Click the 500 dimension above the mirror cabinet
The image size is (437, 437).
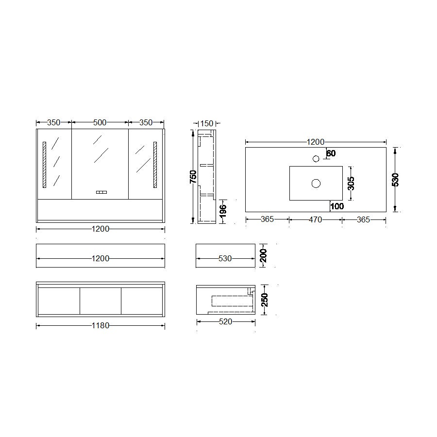(100, 123)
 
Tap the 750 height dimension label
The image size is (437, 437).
(193, 177)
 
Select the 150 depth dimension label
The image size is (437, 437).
(207, 123)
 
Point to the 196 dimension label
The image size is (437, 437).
(223, 211)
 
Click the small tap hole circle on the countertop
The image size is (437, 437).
(316, 159)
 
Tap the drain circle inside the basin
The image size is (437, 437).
(316, 184)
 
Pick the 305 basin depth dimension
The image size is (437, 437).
(351, 184)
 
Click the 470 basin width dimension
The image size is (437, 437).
(316, 220)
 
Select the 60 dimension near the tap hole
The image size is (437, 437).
(331, 153)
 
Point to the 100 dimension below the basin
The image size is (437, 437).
(337, 206)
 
